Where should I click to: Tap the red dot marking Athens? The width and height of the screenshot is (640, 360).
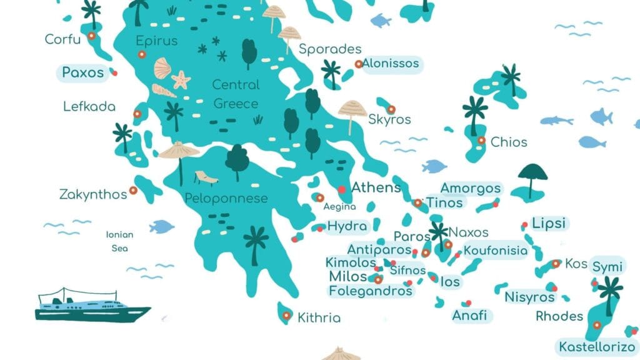point(342,189)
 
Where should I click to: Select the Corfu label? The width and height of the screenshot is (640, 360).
point(62,40)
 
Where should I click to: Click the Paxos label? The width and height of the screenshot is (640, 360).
point(83,72)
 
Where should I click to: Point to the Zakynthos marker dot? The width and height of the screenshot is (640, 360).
point(133,191)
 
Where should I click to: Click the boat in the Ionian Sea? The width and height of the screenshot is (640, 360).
point(92,306)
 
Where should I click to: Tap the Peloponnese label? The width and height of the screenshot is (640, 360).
point(226,199)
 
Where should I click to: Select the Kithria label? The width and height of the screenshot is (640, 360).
point(319,317)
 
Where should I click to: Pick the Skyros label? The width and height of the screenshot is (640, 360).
point(389,119)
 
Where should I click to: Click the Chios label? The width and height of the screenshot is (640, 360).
point(509,142)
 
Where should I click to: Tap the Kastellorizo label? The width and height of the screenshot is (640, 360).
point(597,347)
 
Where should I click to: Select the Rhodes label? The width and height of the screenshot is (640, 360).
point(559,316)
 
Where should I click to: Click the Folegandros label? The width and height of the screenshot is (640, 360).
point(371,291)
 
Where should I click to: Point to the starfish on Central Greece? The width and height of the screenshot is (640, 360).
point(181,79)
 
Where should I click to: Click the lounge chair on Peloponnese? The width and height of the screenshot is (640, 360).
point(207,178)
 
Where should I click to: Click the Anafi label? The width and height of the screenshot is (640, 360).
point(469,315)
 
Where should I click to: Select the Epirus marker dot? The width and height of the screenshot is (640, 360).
point(142,54)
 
